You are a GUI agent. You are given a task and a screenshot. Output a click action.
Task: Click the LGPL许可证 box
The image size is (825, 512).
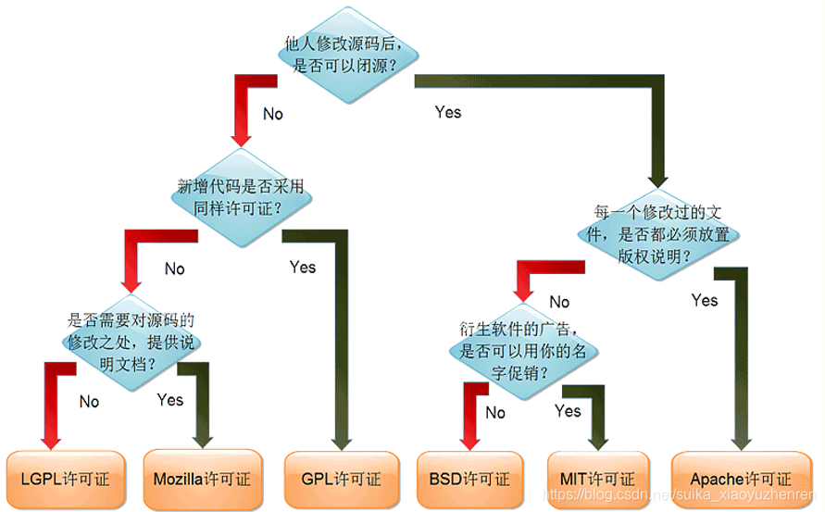[x=64, y=479]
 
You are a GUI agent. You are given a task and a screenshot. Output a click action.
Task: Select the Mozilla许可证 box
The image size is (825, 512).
[x=202, y=479]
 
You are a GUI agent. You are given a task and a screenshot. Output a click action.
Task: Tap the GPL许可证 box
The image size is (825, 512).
[x=341, y=479]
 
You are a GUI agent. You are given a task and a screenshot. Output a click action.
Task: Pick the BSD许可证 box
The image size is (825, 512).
[x=469, y=479]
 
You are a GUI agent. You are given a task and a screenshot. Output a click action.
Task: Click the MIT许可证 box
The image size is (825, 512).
[x=597, y=479]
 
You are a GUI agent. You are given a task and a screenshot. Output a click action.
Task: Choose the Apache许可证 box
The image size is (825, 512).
[x=741, y=479]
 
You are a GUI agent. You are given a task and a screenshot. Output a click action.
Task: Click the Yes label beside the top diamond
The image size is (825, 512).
[x=448, y=112]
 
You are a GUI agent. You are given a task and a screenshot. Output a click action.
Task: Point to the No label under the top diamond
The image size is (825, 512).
[x=273, y=114]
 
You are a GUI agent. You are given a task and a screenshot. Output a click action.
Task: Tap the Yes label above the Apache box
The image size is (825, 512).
[x=705, y=300]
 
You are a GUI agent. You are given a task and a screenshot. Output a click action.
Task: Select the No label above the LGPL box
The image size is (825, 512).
[x=89, y=402]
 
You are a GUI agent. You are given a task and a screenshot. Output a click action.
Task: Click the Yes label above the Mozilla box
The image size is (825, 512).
[x=170, y=400]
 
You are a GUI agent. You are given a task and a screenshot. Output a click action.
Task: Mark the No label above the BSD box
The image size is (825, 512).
[x=495, y=413]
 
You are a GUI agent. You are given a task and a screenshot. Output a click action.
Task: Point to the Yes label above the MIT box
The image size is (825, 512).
[x=568, y=411]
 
